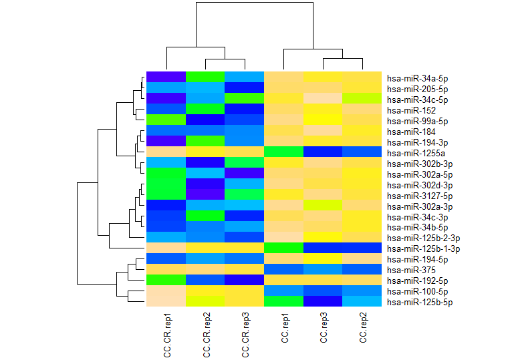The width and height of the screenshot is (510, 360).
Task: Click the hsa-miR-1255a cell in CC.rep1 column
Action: tap(285, 152)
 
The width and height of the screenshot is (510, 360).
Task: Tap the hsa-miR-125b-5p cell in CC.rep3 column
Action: tap(324, 302)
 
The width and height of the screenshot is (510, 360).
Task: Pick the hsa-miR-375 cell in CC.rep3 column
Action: tap(324, 270)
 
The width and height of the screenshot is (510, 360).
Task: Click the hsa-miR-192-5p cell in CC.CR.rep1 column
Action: tap(166, 281)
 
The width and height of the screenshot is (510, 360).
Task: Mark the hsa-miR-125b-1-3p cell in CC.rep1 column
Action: tap(285, 248)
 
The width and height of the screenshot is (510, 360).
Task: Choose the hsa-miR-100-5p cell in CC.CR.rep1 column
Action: tap(166, 291)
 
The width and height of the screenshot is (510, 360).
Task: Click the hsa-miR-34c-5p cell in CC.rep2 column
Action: tap(363, 100)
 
